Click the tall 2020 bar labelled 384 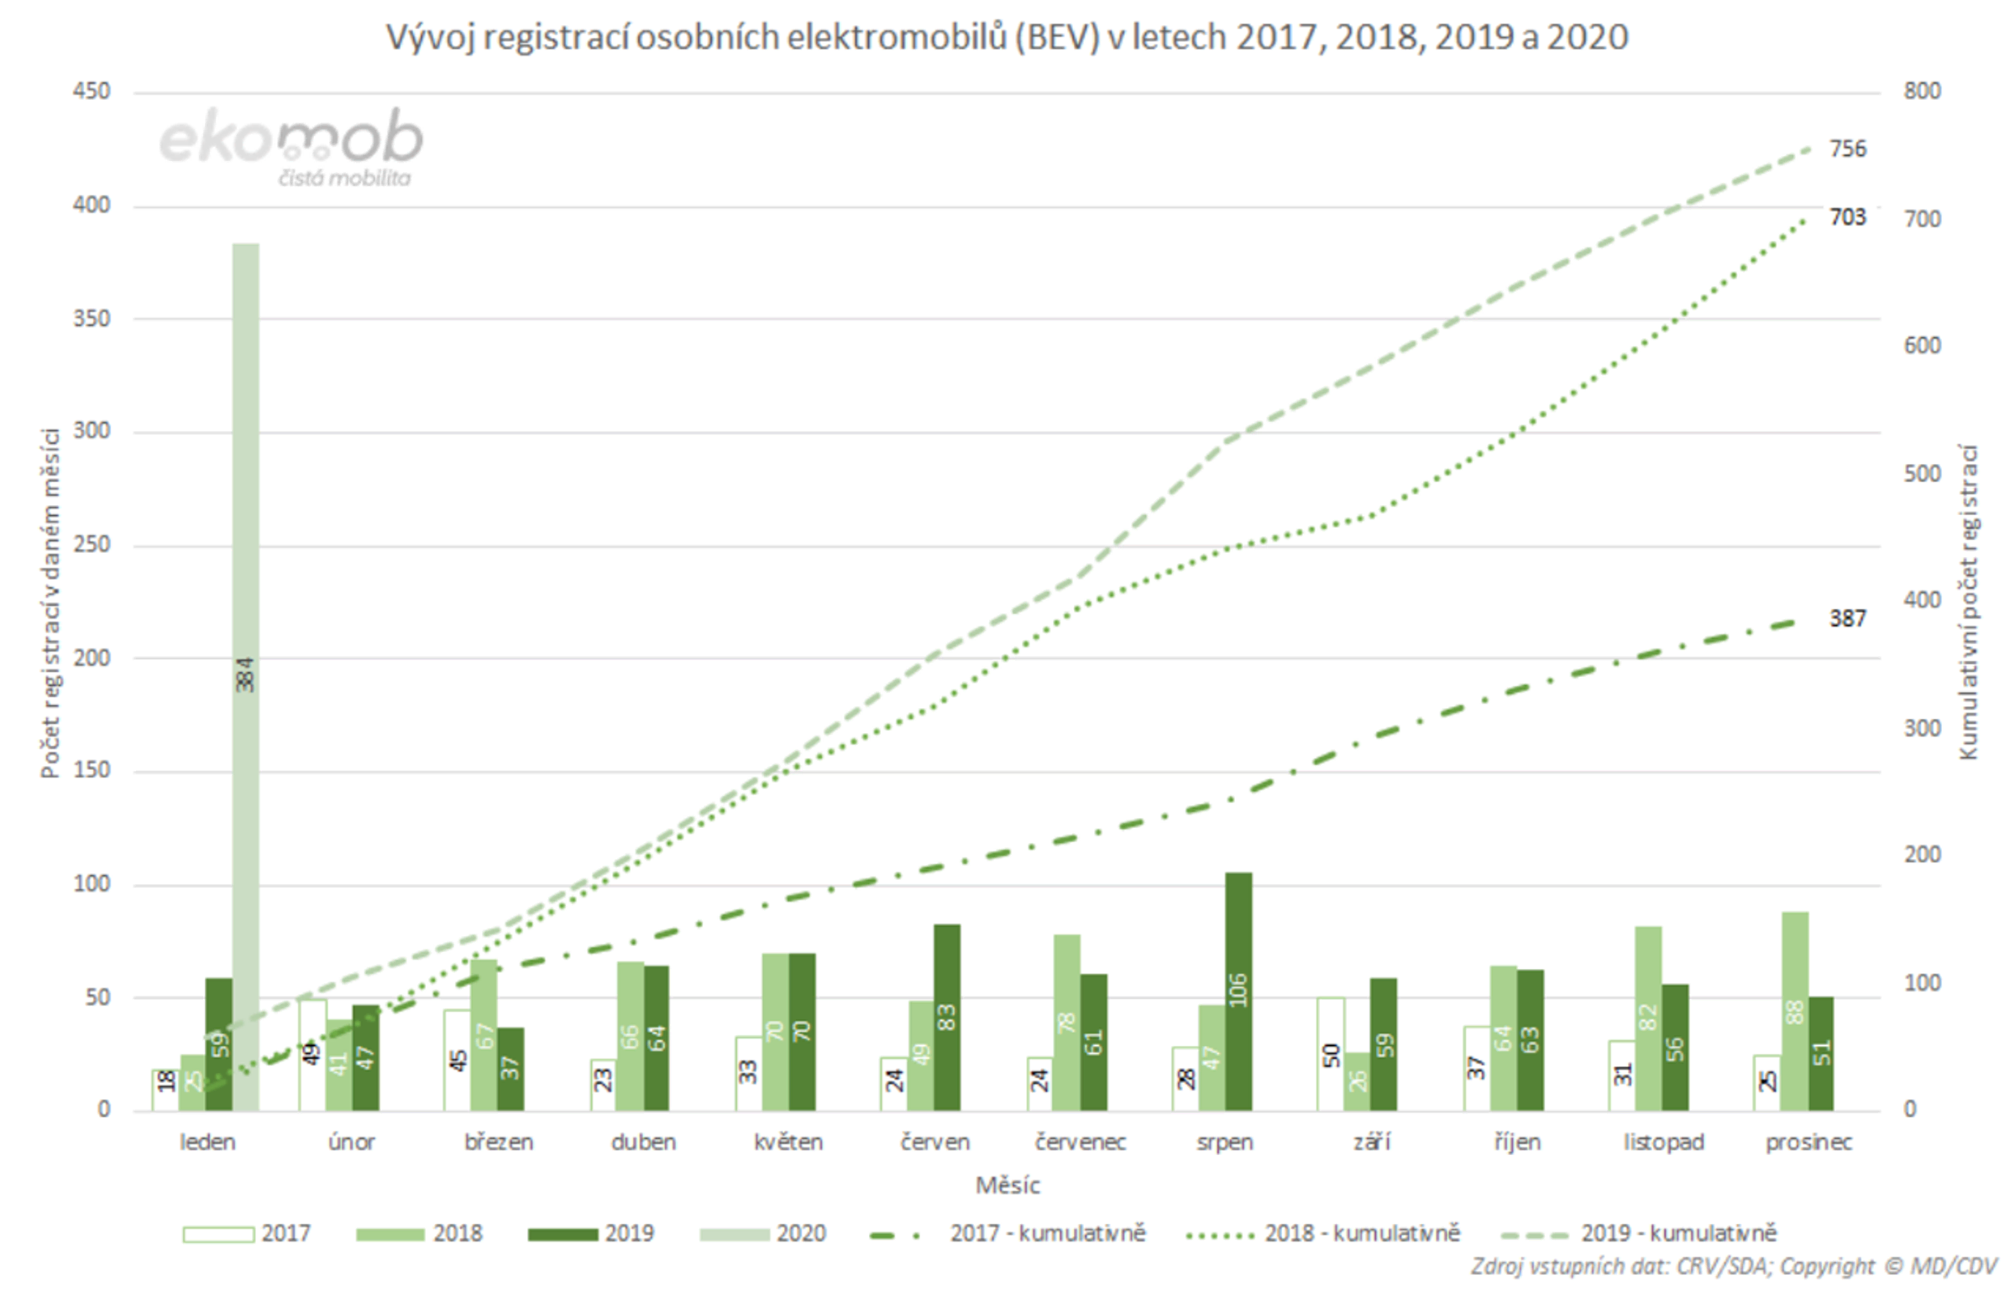tap(245, 674)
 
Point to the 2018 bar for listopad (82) tap(1648, 1018)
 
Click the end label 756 tap(1847, 149)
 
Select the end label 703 tap(1847, 217)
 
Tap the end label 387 tap(1847, 618)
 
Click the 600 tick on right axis tap(1923, 345)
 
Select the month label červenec tap(1081, 1142)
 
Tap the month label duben tap(643, 1142)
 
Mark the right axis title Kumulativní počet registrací tap(1968, 601)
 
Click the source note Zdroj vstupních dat tap(1733, 1266)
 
